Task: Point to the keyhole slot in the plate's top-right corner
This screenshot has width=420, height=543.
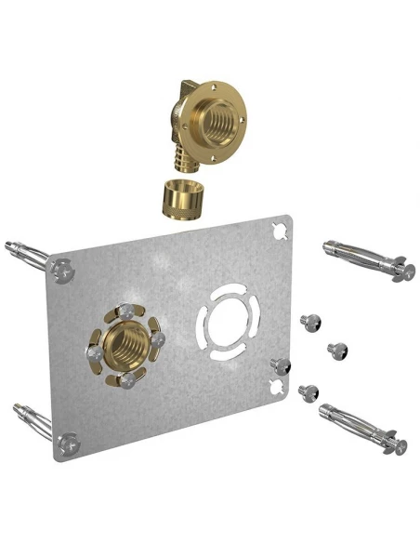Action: click(278, 230)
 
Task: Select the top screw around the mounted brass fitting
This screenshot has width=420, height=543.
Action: click(125, 311)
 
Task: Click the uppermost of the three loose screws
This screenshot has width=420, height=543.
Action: click(309, 323)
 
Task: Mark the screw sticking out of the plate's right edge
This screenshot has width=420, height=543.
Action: click(276, 362)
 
